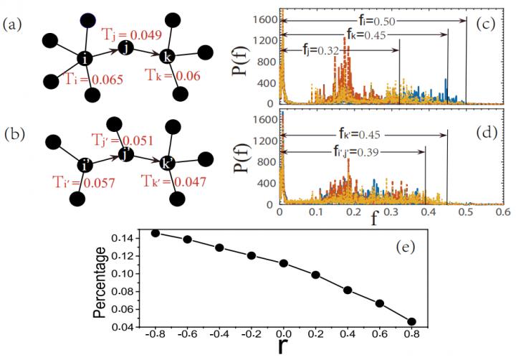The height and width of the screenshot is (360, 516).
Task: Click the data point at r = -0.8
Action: [156, 233]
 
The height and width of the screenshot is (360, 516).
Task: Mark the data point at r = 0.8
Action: [411, 322]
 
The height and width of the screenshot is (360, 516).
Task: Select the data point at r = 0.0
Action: [283, 263]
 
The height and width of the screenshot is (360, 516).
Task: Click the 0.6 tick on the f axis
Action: [502, 213]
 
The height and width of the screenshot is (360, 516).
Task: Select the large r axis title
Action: [284, 350]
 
